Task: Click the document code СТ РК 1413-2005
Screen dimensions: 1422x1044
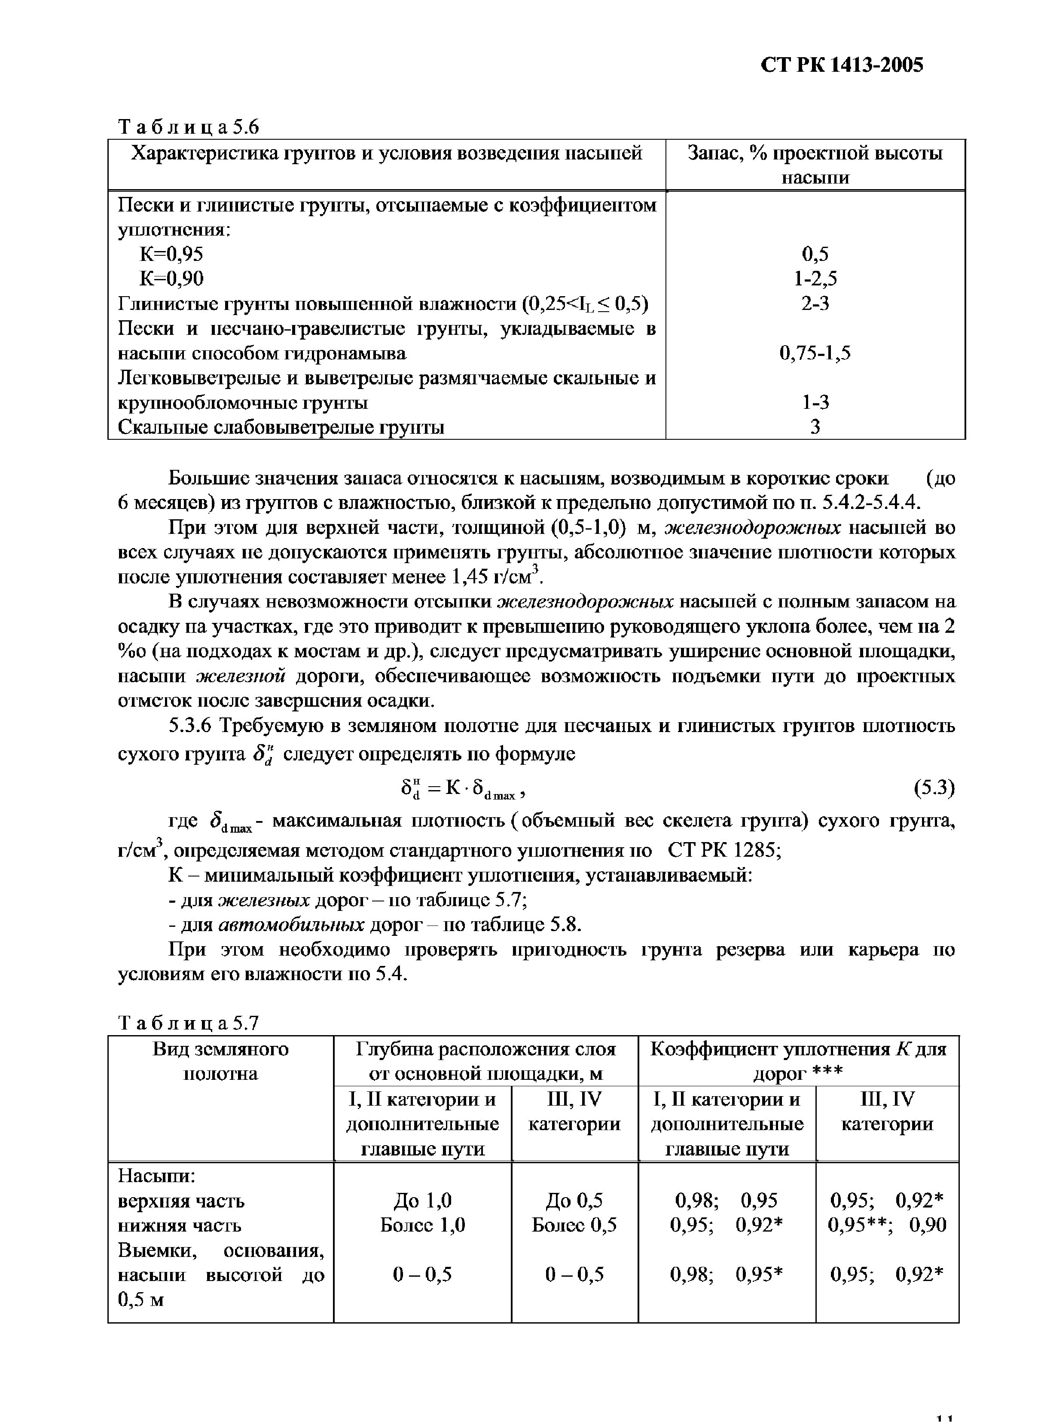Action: (842, 65)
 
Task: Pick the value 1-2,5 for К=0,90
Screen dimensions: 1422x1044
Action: (815, 279)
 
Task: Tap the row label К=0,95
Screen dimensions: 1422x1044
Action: (171, 254)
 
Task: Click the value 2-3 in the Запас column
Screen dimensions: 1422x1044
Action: (815, 304)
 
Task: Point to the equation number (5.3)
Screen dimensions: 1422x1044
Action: (934, 788)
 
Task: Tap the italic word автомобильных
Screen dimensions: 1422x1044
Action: (291, 925)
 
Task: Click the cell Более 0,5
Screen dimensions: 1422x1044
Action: (574, 1225)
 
